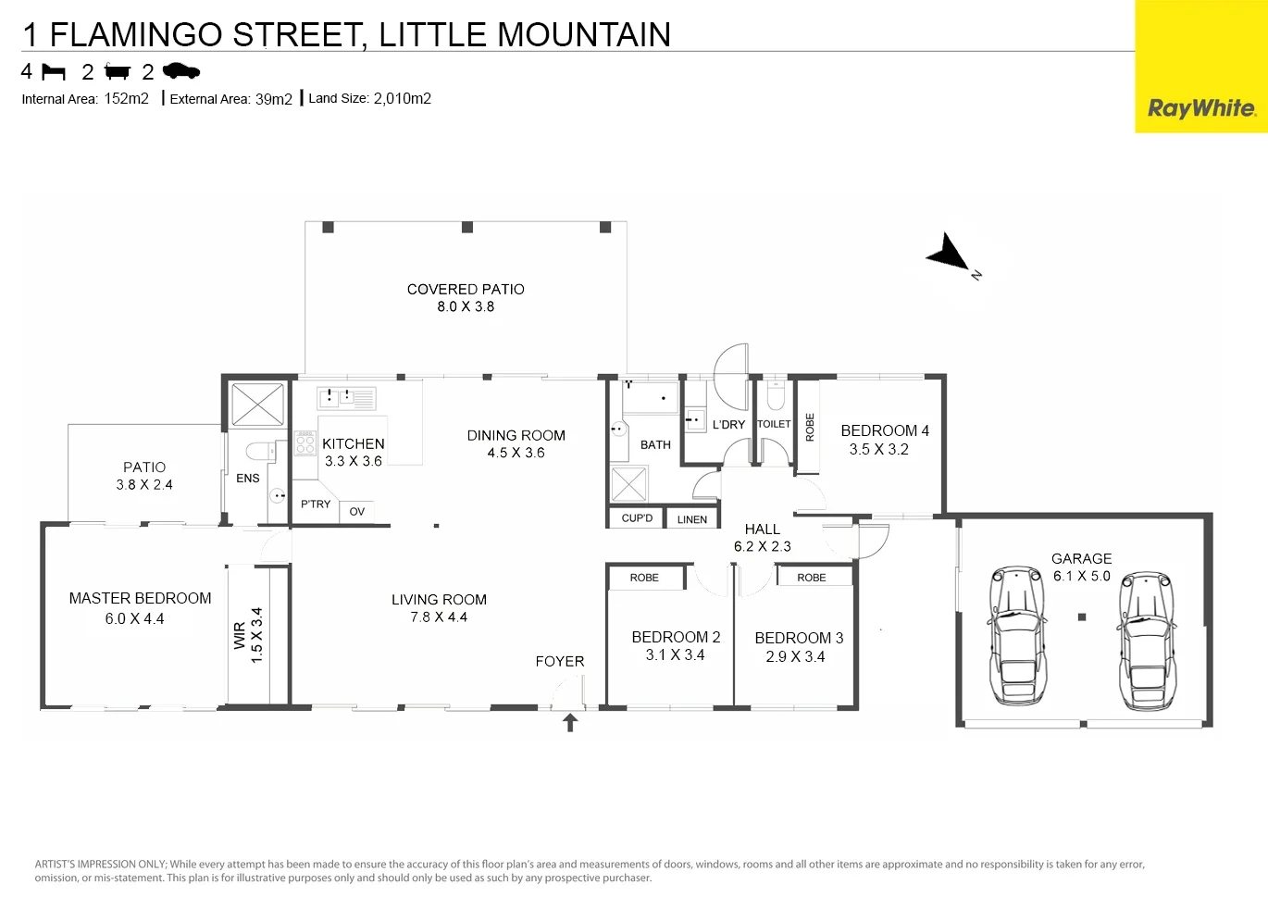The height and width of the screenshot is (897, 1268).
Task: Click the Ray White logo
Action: coord(1201,108)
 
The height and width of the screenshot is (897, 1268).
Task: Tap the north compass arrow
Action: coord(950,253)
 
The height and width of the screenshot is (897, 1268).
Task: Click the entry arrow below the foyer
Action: coord(570,723)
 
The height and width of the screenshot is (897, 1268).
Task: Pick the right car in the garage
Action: coord(1147,641)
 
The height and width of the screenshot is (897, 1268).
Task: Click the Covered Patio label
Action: coord(466,290)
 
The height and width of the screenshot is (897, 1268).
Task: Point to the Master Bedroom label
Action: coord(140,598)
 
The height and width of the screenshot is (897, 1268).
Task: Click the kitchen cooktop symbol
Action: coord(305,443)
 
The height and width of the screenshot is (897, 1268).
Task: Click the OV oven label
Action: coord(356,512)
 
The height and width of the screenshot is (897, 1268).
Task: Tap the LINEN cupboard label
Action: coord(691,520)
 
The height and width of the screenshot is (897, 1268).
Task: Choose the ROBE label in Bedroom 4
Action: coord(810,428)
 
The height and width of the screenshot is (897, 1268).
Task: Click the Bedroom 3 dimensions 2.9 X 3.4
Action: coord(795,657)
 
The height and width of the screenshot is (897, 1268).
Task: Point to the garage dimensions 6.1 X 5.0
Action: coord(1082,577)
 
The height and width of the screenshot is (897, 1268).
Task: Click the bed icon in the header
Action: coord(54,72)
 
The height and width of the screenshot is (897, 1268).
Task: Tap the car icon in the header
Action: coord(181,71)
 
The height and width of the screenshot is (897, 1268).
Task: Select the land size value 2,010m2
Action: coord(402,98)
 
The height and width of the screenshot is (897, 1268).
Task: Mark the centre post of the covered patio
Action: coord(467,227)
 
